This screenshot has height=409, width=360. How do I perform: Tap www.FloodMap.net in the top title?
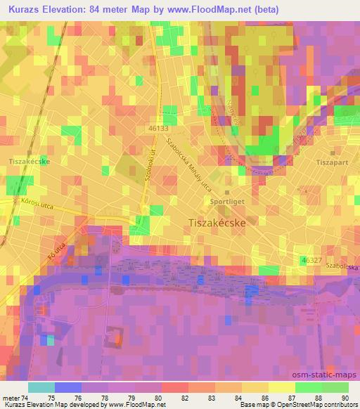tap(212, 10)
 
